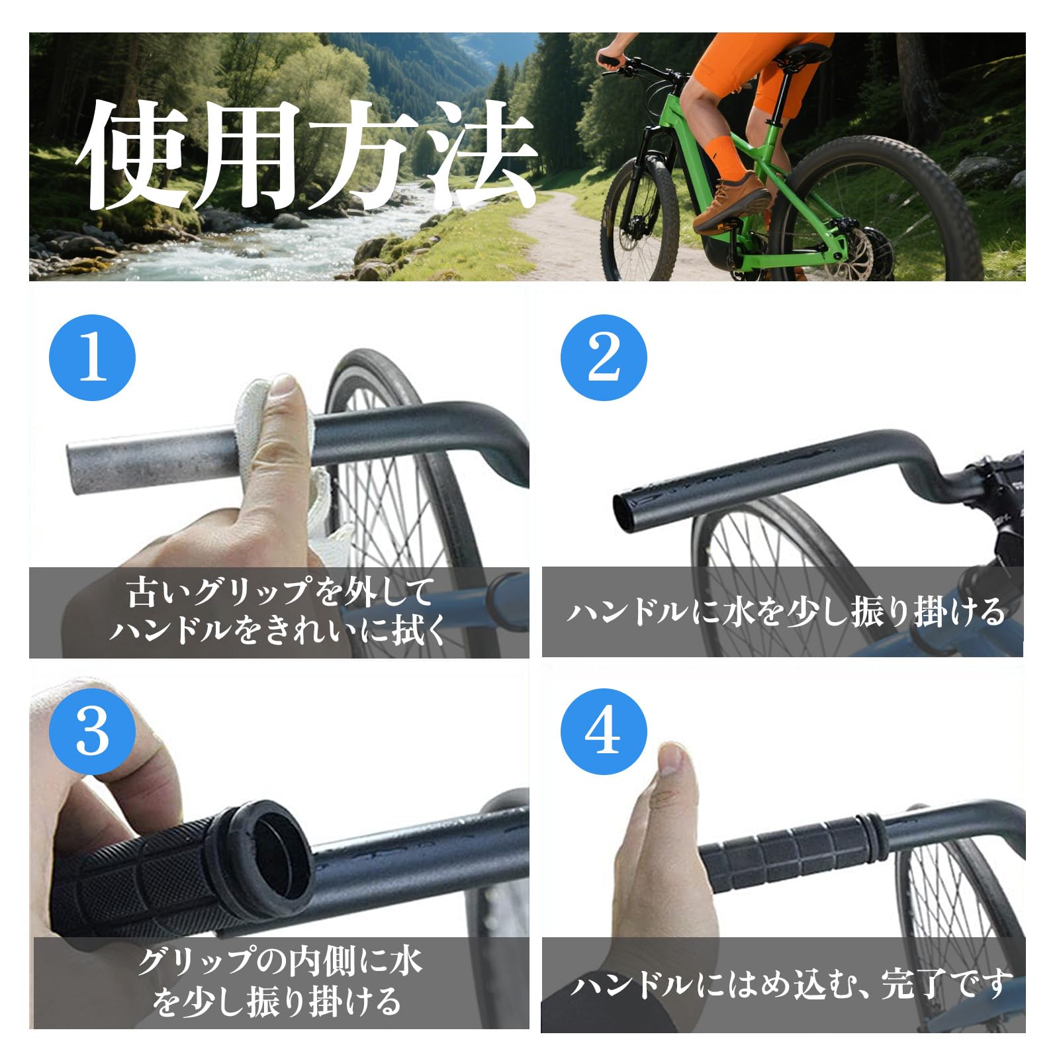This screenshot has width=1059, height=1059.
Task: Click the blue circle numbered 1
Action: click(93, 357)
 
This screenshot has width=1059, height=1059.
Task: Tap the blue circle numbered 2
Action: click(604, 357)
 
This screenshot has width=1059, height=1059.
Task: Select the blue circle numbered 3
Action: click(93, 732)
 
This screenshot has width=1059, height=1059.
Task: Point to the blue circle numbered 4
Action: click(604, 732)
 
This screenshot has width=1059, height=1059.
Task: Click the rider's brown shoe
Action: click(731, 202)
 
